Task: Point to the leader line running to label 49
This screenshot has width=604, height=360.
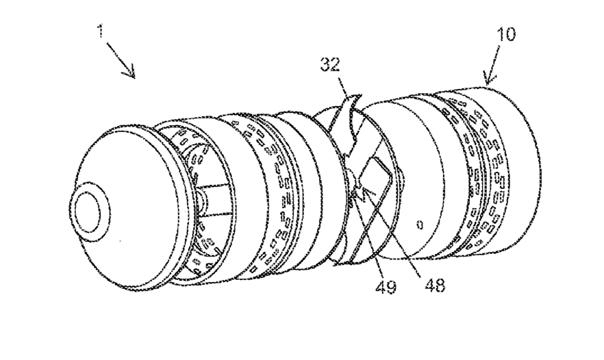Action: point(370,240)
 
